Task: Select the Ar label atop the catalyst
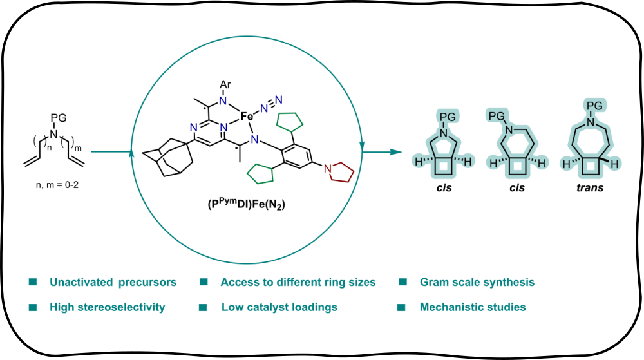click(x=225, y=84)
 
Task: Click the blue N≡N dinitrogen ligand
click(x=271, y=102)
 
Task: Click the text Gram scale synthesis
click(x=477, y=282)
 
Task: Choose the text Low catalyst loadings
click(x=279, y=307)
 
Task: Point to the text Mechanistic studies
click(x=472, y=307)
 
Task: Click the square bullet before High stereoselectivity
click(x=32, y=308)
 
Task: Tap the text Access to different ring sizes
click(x=298, y=282)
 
